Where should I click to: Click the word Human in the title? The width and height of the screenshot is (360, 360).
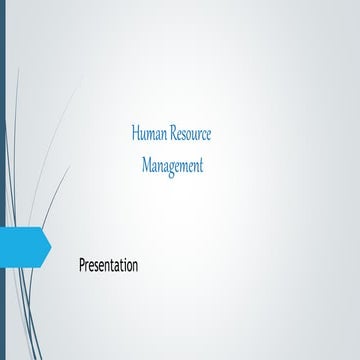[150, 134]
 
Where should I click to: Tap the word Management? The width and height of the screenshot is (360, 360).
[172, 165]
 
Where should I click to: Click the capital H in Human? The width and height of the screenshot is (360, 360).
[135, 134]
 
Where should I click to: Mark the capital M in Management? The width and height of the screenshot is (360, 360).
[146, 165]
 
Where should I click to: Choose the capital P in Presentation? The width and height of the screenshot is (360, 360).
[82, 266]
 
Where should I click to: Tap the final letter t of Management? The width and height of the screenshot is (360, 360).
[200, 165]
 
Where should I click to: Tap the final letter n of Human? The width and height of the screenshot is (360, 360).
[165, 135]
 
